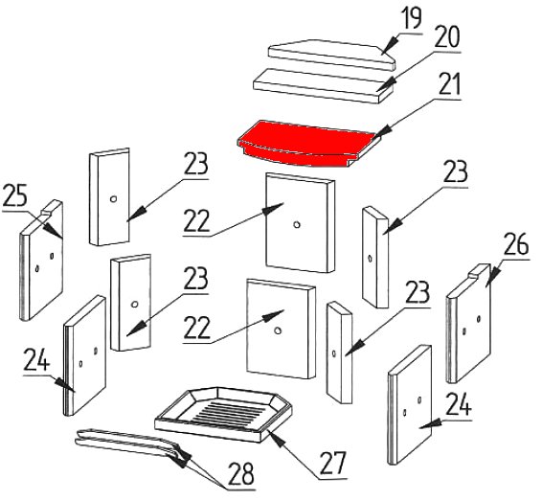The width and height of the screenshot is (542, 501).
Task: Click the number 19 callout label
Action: click(412, 18)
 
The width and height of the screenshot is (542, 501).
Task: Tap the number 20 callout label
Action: click(447, 36)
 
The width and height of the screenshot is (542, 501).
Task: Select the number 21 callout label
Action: click(449, 84)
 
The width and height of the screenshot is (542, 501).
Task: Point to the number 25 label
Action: click(14, 195)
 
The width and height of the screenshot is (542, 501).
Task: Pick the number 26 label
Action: click(516, 244)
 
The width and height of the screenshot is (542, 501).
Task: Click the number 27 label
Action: click(332, 464)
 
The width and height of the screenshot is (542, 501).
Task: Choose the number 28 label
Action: click(241, 473)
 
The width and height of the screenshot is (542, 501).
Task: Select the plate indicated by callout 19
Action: click(331, 55)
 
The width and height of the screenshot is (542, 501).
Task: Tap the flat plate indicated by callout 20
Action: click(323, 85)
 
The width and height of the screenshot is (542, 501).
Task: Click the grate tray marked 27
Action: click(223, 414)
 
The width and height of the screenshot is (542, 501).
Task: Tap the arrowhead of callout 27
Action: click(276, 437)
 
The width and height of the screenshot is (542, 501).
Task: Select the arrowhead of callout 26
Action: click(492, 277)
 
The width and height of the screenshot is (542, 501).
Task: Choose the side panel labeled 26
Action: click(468, 324)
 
